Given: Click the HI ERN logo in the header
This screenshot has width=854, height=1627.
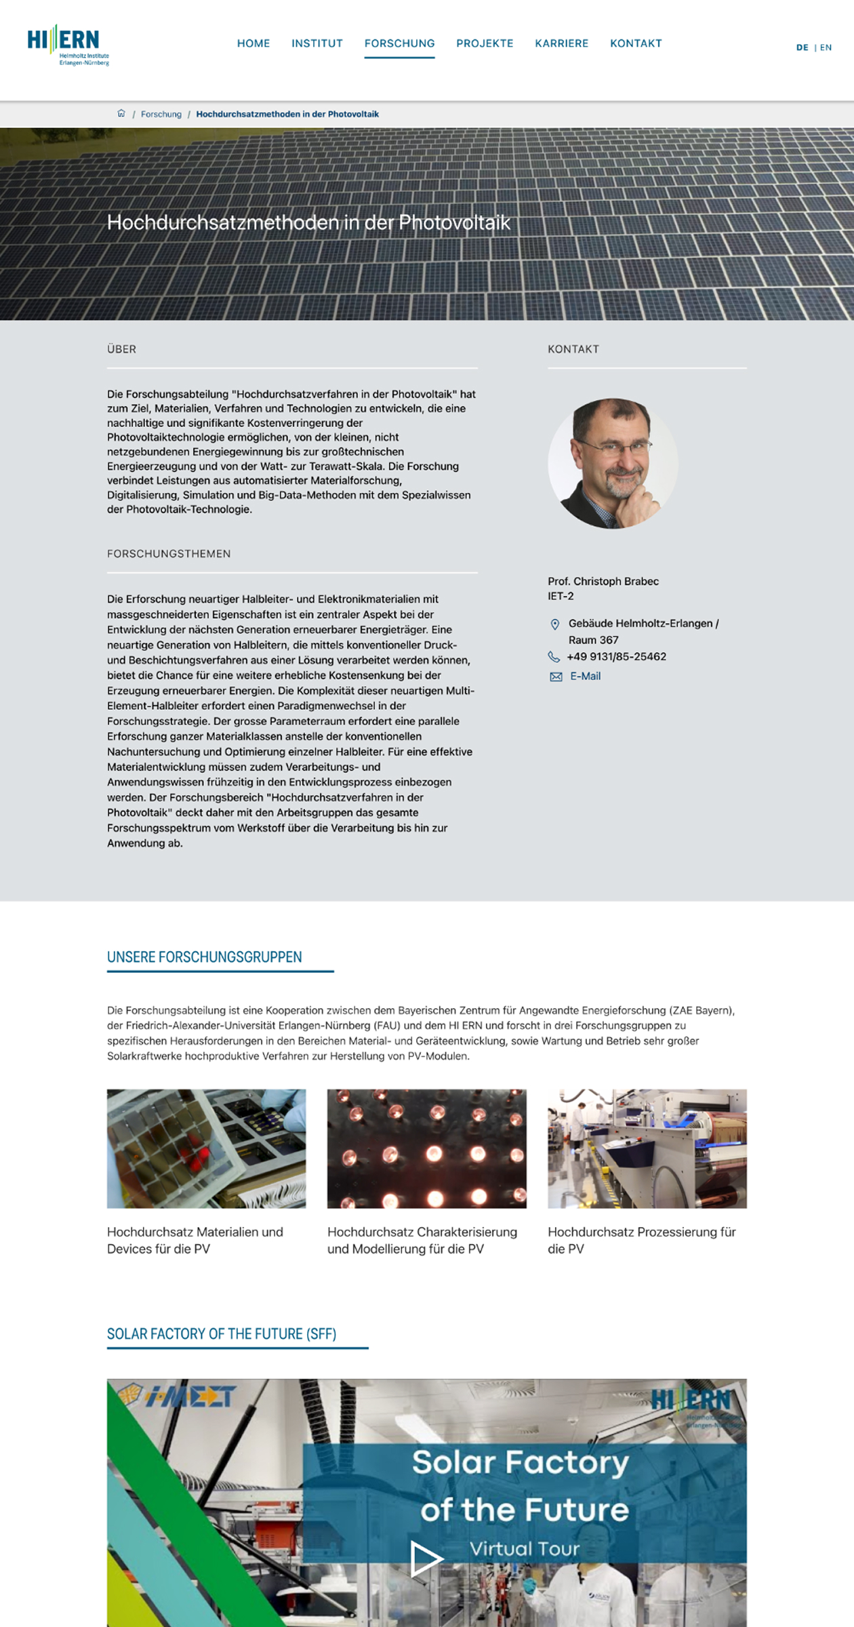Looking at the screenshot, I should pos(68,45).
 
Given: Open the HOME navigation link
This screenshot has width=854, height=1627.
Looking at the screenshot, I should pos(253,43).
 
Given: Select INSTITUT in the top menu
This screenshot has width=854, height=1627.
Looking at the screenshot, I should pos(317,43).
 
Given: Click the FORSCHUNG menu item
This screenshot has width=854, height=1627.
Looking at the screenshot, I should pos(399,43).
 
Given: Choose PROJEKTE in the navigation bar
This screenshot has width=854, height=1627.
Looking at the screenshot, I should pos(485,43).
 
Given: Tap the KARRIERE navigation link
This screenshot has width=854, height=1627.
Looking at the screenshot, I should pos(561,43).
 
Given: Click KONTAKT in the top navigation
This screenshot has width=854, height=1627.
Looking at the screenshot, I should pos(636,43).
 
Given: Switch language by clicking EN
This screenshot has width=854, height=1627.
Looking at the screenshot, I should pos(826,47).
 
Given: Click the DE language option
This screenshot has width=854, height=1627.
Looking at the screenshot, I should pos(802,47).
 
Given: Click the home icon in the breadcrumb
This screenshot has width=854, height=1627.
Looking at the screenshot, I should pos(121,113).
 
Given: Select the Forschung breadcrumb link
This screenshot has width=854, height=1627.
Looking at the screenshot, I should pos(161,114).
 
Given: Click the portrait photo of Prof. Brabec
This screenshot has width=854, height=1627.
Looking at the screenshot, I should pos(613,464).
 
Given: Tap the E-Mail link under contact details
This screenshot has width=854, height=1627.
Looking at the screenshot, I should pos(585,676).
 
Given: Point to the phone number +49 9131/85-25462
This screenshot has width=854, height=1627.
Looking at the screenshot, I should pos(616,656).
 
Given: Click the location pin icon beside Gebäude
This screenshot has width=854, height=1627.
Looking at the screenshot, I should pos(554,624).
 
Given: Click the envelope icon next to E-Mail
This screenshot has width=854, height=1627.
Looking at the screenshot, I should pos(556,677).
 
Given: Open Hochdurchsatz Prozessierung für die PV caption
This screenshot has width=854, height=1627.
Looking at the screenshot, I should pos(641,1240).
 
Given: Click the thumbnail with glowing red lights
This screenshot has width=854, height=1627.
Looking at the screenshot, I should pos(426,1148).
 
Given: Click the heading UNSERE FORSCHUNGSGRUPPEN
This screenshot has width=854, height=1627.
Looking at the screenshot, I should pos(204,957).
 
